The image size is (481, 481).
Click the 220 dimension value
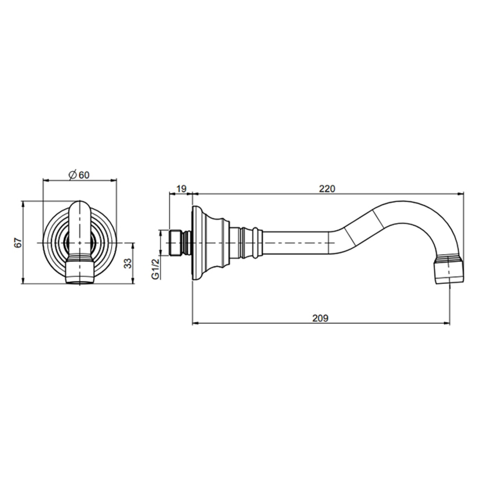coord(327,188)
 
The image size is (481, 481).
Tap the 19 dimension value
coord(181,189)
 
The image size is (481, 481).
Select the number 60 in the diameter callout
coord(84,175)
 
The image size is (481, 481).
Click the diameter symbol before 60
coord(72,175)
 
